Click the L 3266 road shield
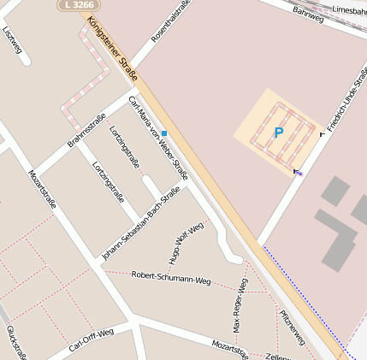78,5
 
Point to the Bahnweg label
308,13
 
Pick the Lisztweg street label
12,38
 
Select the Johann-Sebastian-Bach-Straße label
139,222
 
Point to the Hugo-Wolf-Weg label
186,244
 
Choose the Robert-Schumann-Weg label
170,278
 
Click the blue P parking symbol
278,133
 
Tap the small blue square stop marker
163,133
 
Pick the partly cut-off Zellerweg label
279,356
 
